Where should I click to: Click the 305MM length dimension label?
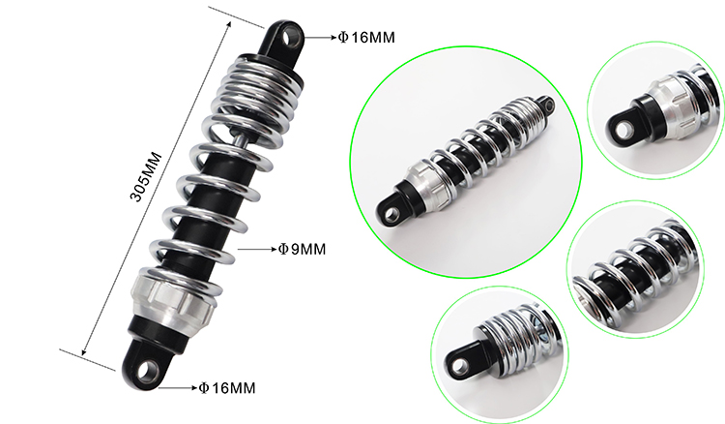point(146,177)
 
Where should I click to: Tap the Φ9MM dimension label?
point(302,250)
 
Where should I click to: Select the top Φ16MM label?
point(366,38)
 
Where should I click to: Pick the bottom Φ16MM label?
point(226,388)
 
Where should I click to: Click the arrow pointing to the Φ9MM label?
point(257,250)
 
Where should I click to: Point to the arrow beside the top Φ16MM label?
point(320,38)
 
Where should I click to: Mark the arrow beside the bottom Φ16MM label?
point(178,388)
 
